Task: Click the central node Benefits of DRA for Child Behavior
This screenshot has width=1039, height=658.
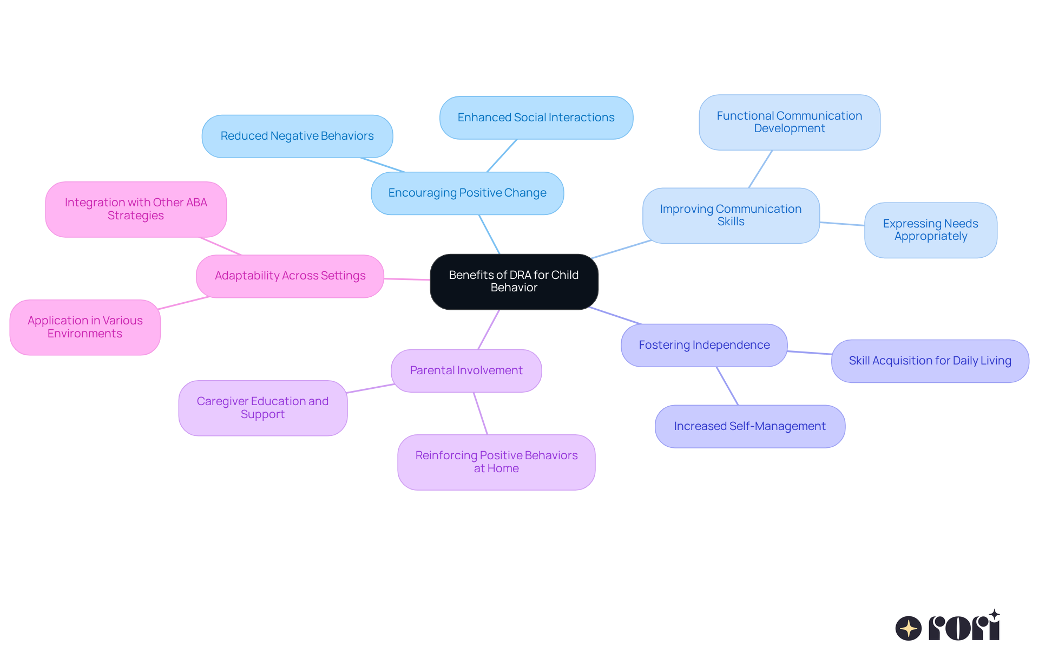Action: (514, 282)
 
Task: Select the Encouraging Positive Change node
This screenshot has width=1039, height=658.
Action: (467, 193)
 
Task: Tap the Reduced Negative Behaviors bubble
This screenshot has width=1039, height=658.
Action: (297, 136)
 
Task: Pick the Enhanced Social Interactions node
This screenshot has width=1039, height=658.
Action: (536, 118)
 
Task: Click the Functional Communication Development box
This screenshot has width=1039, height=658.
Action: (789, 122)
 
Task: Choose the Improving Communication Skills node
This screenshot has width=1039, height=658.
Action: (731, 216)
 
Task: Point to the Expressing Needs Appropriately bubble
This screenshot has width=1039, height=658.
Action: (930, 230)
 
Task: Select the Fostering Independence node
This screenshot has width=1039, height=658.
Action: (703, 346)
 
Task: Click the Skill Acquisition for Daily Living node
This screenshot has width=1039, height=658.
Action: (930, 361)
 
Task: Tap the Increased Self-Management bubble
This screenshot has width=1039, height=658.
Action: (749, 427)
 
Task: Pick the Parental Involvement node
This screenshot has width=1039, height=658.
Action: (466, 371)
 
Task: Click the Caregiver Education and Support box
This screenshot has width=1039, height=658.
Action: (262, 408)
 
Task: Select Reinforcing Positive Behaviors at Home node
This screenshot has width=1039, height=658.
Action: (496, 462)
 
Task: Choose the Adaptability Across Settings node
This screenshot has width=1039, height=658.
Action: (290, 276)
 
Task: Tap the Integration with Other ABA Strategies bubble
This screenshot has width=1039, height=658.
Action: (136, 209)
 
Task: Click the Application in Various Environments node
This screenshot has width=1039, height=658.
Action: (85, 327)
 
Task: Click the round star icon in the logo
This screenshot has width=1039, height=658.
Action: (908, 628)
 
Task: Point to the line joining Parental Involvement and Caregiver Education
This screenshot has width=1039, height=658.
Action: (370, 388)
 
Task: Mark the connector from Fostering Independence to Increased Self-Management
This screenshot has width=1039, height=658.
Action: (727, 386)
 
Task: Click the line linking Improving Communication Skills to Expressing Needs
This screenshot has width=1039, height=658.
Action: (842, 224)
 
